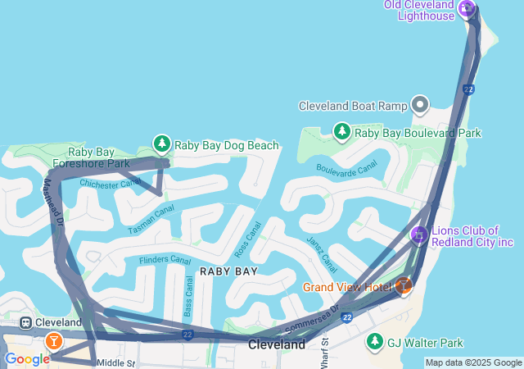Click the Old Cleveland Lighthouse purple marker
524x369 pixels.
[x=467, y=9]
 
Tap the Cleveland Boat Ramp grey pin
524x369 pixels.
[x=420, y=105]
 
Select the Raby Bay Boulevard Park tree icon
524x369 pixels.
[x=342, y=131]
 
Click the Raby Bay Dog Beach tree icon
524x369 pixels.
[x=162, y=144]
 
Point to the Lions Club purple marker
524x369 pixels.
[x=419, y=235]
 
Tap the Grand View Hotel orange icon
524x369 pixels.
[x=403, y=286]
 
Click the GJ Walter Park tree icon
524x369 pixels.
[x=375, y=341]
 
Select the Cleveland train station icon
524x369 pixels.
[x=27, y=322]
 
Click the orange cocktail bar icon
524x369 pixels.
[x=53, y=340]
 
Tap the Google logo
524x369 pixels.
[x=26, y=358]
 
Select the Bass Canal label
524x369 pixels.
[x=189, y=296]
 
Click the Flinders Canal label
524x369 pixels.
[x=165, y=260]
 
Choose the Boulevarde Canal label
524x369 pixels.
[x=346, y=167]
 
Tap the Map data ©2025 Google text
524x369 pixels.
[x=473, y=362]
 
